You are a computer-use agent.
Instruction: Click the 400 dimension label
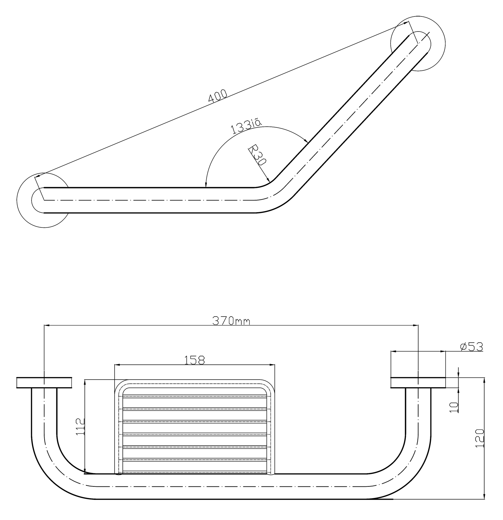point(218,96)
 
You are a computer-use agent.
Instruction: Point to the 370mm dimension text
point(231,321)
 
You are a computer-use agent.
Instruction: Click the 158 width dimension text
point(194,360)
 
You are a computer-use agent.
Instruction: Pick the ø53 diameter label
point(471,347)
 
